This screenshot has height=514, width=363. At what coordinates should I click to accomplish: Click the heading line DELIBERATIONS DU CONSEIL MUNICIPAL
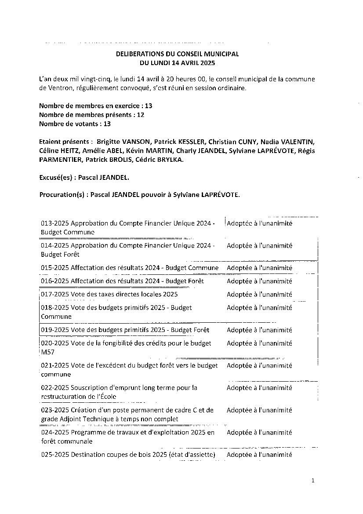pos(177,54)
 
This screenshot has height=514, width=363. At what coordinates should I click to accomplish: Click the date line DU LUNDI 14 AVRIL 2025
pos(177,63)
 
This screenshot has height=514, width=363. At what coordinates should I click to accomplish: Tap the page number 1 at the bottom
pos(313,481)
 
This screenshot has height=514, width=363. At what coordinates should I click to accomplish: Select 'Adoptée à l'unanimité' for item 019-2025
pos(259,330)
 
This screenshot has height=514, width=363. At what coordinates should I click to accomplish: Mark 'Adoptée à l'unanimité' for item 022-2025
pos(259,387)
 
